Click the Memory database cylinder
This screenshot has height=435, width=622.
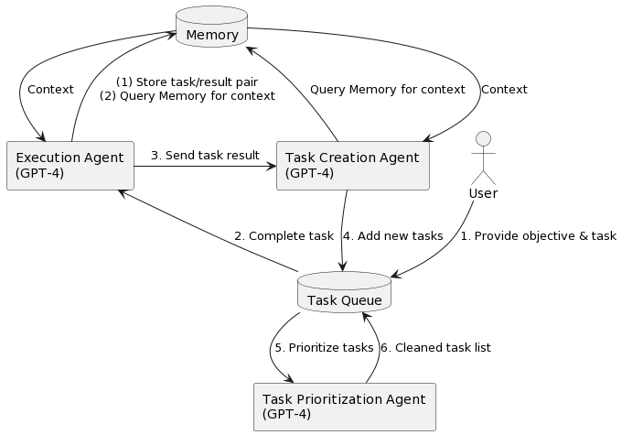point(211,27)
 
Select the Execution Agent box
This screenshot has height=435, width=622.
point(70,166)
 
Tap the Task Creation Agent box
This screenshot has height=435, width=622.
point(352,166)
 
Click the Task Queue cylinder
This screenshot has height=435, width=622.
point(344,292)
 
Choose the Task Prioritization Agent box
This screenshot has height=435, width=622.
point(344,407)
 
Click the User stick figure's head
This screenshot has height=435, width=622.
point(483,139)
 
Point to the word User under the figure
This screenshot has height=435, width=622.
point(483,193)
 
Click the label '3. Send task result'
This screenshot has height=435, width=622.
point(205,155)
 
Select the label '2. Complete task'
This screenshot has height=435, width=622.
point(284,236)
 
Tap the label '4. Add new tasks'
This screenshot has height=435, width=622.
point(393,236)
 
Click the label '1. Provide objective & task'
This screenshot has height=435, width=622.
point(538,236)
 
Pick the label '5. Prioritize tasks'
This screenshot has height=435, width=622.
point(324,348)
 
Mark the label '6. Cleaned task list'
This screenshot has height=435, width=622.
point(435,348)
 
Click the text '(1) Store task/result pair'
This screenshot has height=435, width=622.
point(187,82)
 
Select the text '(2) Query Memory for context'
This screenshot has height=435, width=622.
point(187,96)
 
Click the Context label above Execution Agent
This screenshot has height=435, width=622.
point(50,90)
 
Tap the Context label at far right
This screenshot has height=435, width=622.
point(504,90)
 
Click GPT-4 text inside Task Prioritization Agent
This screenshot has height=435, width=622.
point(286,414)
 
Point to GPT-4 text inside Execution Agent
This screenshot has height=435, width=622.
point(39,173)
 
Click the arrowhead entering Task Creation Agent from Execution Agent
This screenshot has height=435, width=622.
point(271,166)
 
